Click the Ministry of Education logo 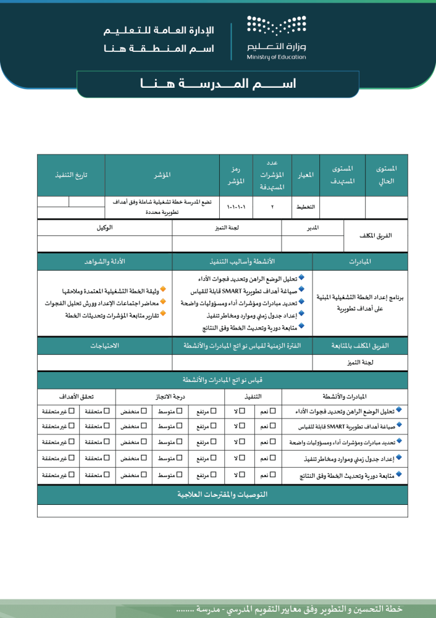[276, 38]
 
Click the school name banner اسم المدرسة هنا [218, 83]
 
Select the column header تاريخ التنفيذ [71, 175]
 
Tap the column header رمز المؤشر [237, 175]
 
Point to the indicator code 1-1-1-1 [237, 207]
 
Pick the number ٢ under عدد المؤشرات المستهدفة [272, 207]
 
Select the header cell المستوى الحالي [387, 175]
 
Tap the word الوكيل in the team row [104, 227]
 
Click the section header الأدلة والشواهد [105, 262]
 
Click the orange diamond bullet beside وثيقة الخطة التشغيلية [163, 289]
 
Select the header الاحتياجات [105, 346]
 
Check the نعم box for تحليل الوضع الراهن [274, 410]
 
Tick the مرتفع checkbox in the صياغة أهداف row [214, 426]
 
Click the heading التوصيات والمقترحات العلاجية [222, 495]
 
